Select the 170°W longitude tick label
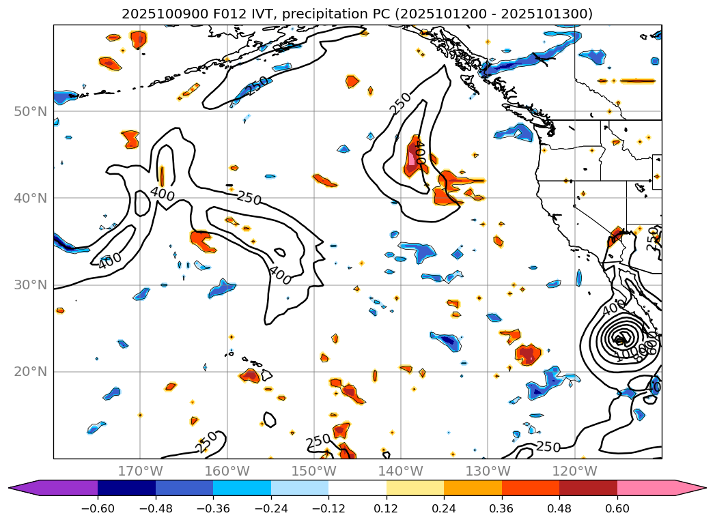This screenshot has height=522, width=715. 140,472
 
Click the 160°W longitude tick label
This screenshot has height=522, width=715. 227,472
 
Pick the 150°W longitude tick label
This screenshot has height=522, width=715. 313,472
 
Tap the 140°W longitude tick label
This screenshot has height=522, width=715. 400,472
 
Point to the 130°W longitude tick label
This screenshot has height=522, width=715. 488,472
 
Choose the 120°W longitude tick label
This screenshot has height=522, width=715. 574,472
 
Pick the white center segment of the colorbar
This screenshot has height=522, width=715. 357,488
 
